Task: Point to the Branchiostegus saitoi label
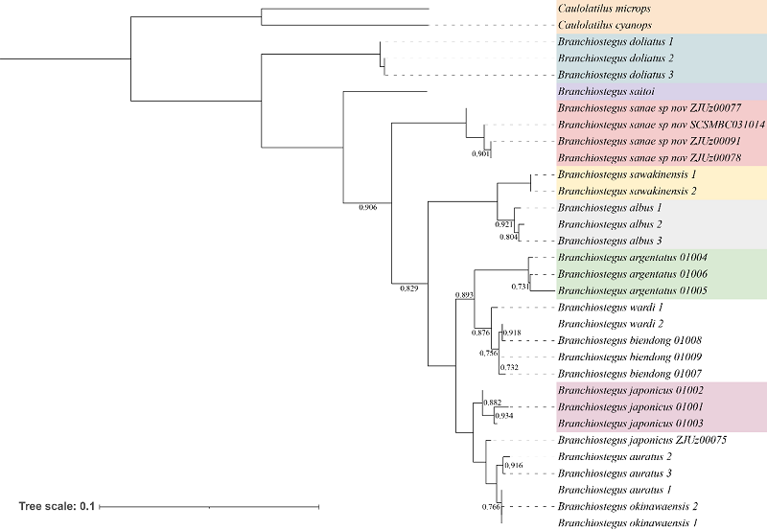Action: click(x=598, y=91)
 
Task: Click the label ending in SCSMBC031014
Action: click(x=661, y=125)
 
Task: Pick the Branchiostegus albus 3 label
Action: click(x=605, y=241)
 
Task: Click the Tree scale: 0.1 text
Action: click(x=55, y=505)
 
